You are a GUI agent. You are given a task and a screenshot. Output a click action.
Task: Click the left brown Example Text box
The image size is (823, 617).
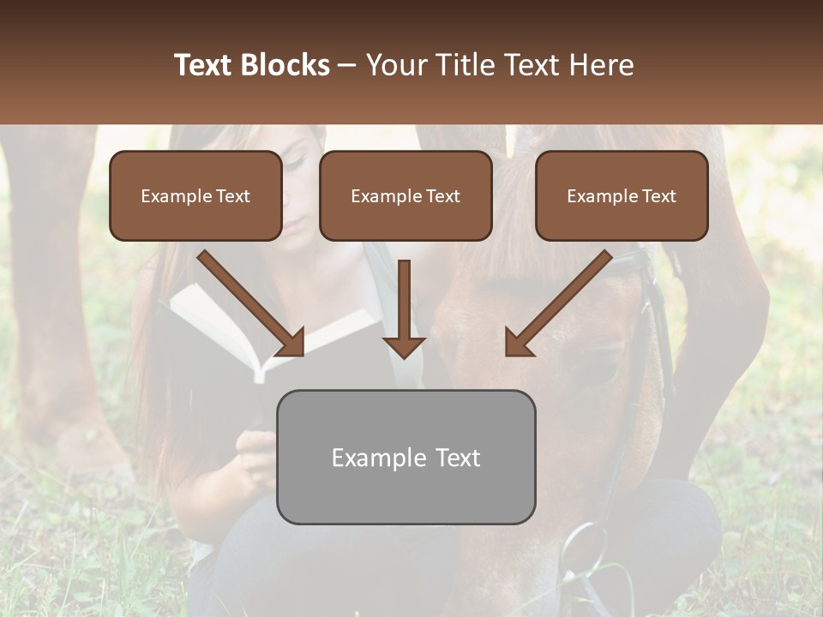pyautogui.click(x=195, y=195)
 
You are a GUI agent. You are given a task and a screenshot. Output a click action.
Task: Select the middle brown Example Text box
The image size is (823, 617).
pyautogui.click(x=405, y=195)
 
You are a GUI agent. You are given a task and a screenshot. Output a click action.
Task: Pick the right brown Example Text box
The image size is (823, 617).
pyautogui.click(x=622, y=195)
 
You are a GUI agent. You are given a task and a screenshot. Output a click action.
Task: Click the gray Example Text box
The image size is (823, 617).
pyautogui.click(x=405, y=457)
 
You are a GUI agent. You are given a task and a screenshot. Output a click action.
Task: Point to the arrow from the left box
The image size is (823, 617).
pyautogui.click(x=253, y=304)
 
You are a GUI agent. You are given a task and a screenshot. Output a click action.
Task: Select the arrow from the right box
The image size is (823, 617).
pyautogui.click(x=557, y=304)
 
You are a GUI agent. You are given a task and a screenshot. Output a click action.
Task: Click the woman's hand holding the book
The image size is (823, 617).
pyautogui.click(x=255, y=450)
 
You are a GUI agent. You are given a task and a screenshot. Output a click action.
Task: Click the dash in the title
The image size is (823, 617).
pyautogui.click(x=347, y=65)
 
